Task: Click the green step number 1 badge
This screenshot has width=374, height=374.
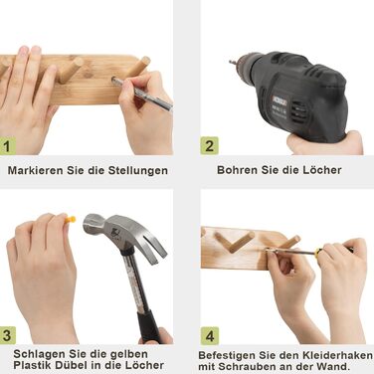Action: (7, 145)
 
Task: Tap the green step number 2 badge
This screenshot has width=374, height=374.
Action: (209, 145)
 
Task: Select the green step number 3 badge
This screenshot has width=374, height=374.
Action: (7, 335)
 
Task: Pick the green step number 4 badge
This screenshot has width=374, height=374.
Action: (210, 336)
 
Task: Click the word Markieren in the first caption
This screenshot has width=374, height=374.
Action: (36, 170)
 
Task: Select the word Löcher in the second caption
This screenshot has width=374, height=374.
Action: (321, 170)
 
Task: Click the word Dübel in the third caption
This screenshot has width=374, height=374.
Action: (73, 365)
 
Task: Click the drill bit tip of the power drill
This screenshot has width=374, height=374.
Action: (231, 62)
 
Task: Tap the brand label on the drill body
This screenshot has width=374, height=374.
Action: (279, 99)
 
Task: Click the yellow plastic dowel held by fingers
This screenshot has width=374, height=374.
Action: (71, 219)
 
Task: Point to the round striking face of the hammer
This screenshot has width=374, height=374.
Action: (89, 225)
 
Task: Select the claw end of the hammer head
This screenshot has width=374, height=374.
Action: (155, 246)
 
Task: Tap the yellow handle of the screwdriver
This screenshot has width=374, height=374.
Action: (317, 253)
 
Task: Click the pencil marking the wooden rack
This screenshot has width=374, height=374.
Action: (142, 94)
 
